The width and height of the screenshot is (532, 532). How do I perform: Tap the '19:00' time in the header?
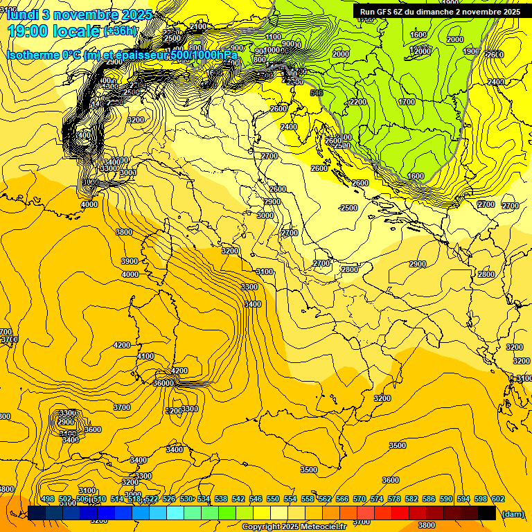tap(30, 30)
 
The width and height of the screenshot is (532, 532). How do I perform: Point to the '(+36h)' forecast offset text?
tap(120, 30)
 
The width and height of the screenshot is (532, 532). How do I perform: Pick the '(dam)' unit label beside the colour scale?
tap(513, 513)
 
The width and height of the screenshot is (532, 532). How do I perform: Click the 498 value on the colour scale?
tap(48, 499)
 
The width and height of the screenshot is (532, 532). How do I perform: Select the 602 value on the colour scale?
tap(498, 499)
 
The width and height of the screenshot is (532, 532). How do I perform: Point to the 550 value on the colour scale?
tap(273, 499)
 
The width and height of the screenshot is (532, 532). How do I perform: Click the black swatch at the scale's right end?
tap(487, 513)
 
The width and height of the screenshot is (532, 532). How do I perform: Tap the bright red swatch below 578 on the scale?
tap(400, 513)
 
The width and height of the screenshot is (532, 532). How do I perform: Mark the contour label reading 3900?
tap(130, 261)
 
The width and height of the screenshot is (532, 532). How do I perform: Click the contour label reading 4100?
tap(145, 356)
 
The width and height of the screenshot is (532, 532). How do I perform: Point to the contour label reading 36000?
tap(163, 383)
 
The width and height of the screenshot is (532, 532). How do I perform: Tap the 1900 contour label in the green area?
tap(471, 51)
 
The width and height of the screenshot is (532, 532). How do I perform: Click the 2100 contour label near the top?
tap(197, 26)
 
